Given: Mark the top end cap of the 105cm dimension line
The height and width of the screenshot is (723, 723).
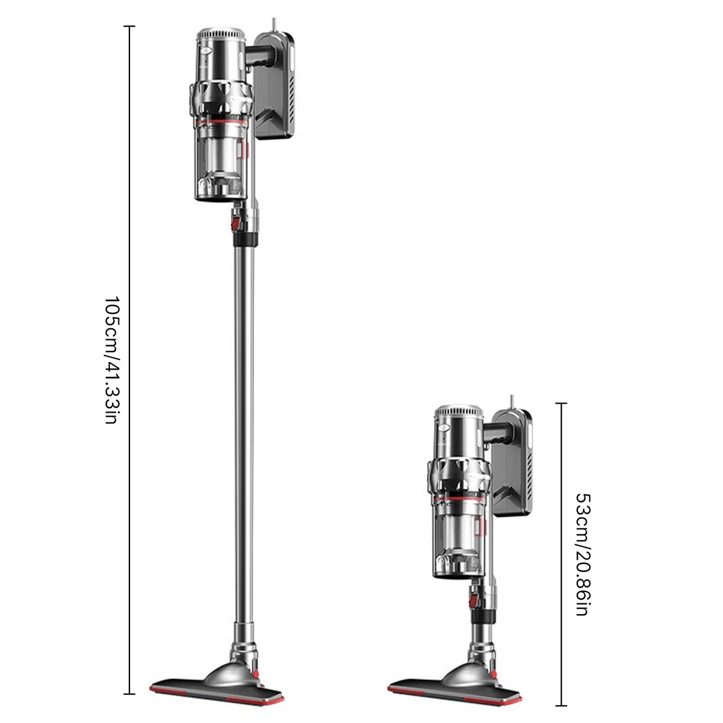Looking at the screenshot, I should [130, 27].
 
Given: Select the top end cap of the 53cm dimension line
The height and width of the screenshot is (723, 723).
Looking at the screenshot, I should [561, 403].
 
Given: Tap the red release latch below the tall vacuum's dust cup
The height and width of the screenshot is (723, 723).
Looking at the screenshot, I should [235, 223].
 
